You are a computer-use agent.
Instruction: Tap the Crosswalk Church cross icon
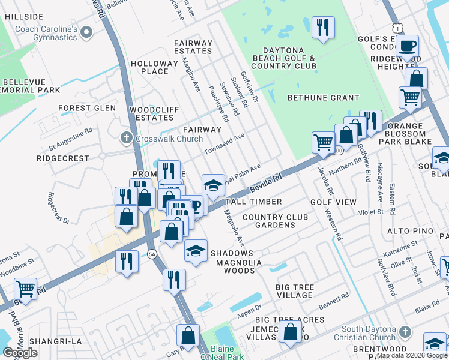click(126, 138)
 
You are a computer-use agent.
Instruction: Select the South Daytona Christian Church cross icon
click(406, 332)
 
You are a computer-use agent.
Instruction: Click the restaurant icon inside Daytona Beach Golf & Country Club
click(323, 28)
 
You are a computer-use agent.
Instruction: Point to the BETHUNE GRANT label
click(323, 98)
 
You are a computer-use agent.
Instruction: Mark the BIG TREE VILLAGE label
click(294, 291)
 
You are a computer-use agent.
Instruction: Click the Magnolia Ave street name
click(235, 227)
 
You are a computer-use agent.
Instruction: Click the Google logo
click(20, 353)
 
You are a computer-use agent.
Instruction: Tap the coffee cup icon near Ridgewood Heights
click(407, 45)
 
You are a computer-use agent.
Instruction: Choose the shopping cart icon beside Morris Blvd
click(25, 289)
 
